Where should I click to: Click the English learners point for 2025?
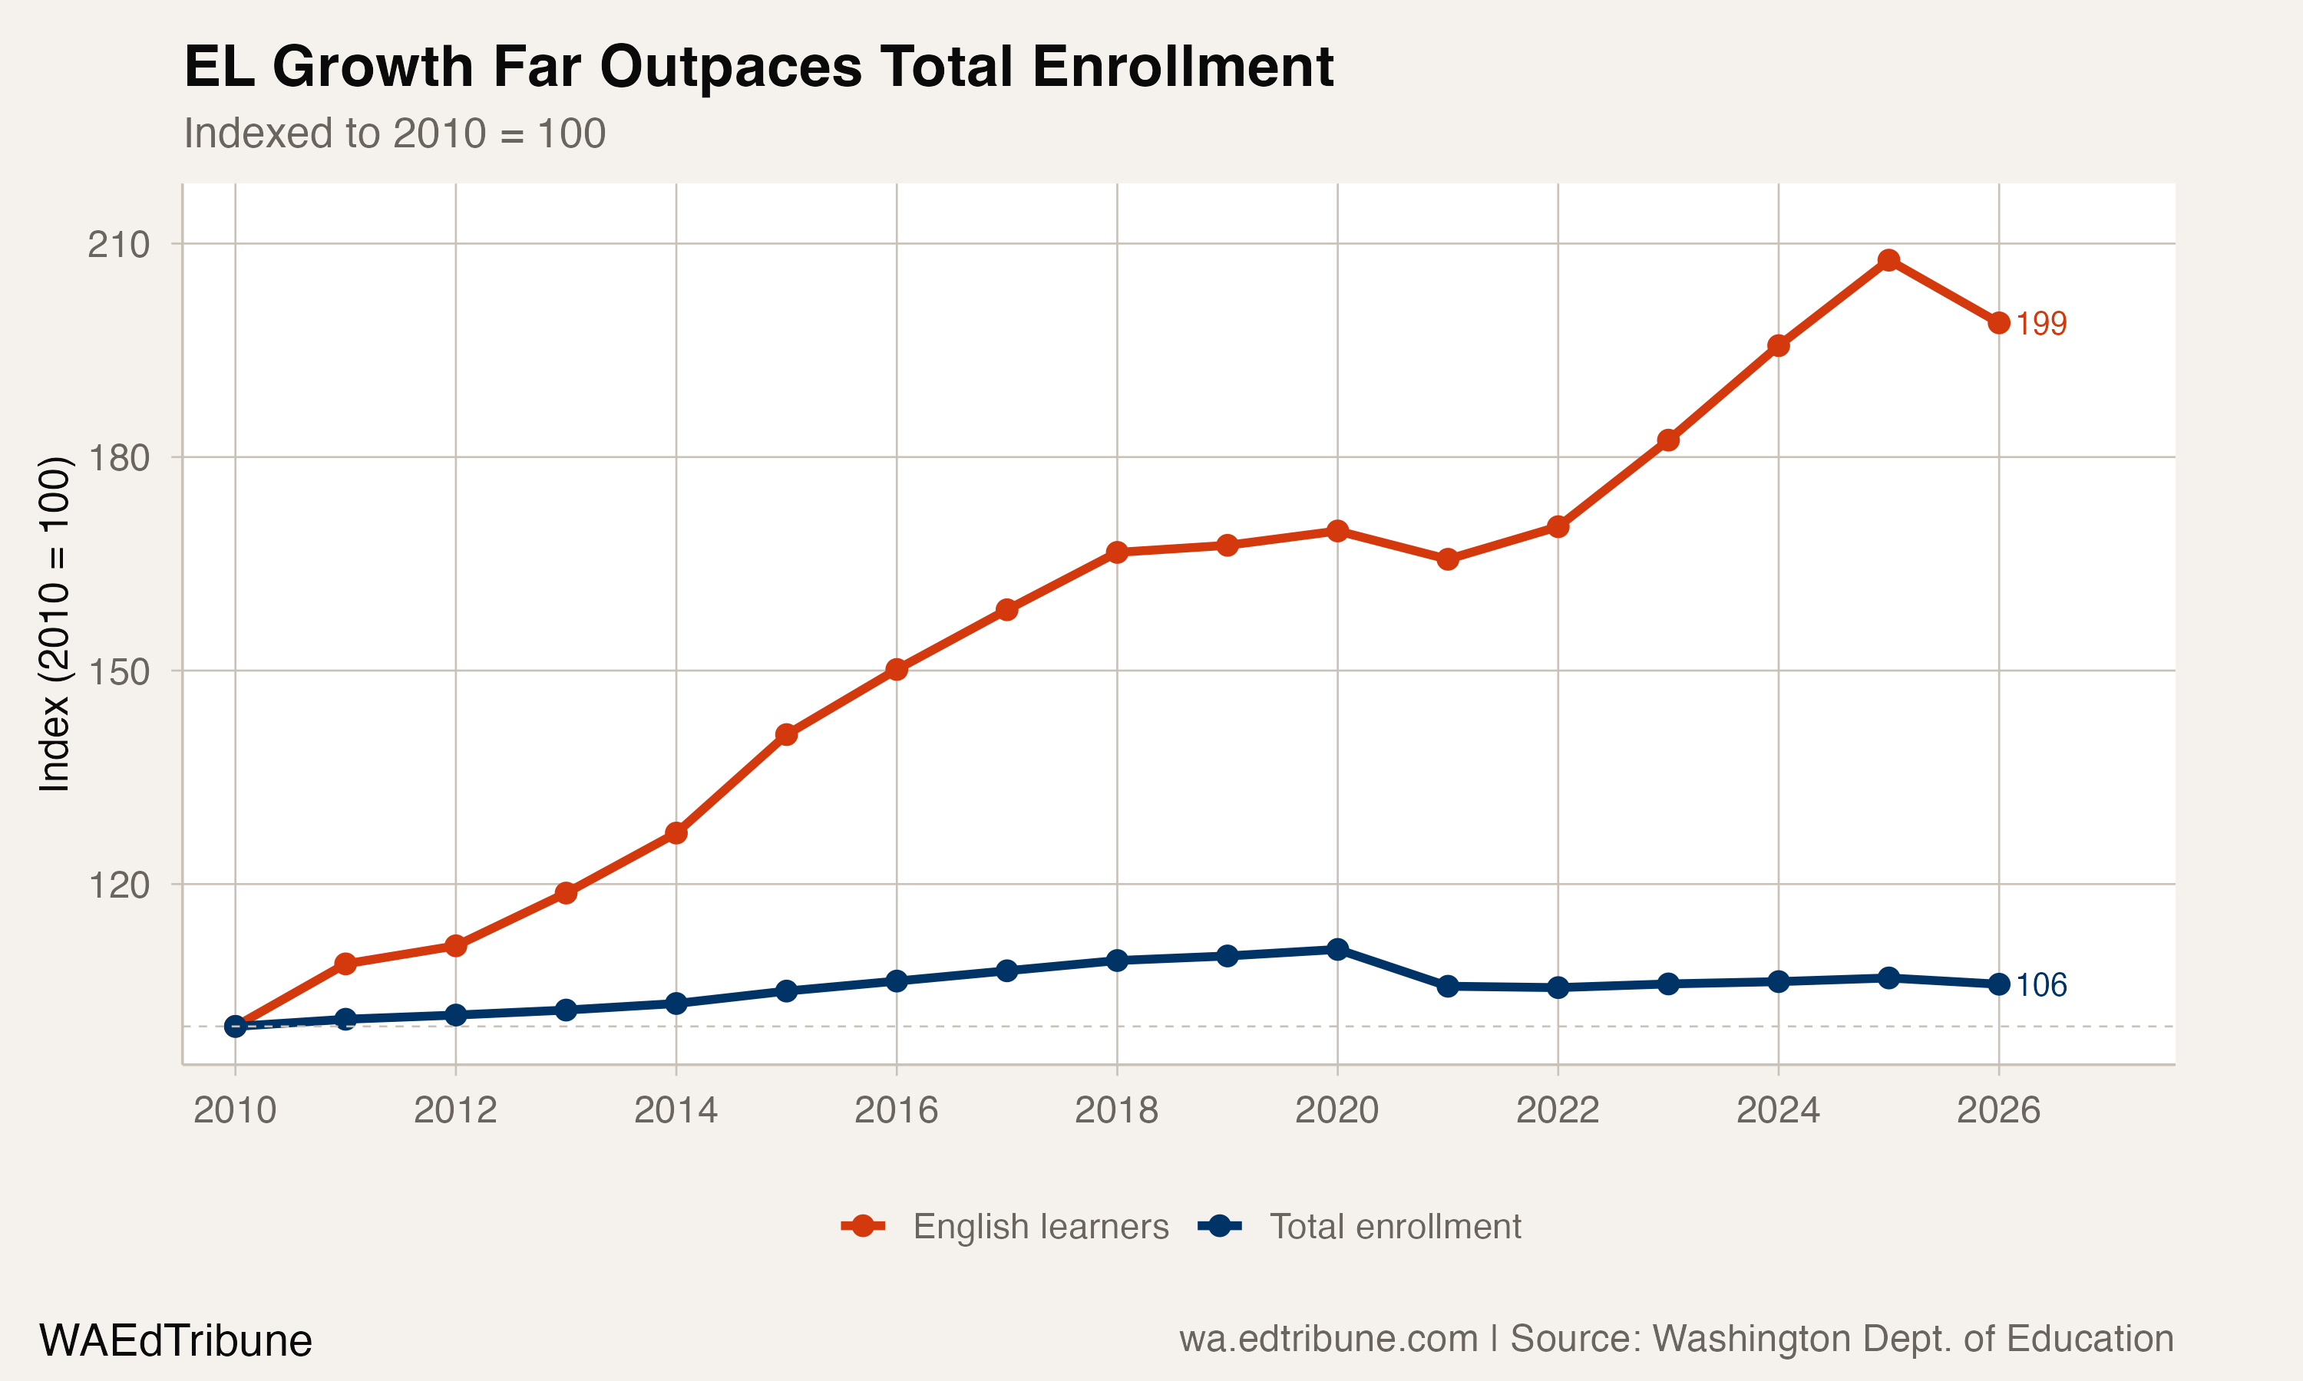pyautogui.click(x=1888, y=261)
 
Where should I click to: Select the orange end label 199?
pyautogui.click(x=2040, y=324)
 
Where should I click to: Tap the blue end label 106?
pyautogui.click(x=2040, y=984)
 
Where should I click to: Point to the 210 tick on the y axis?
pyautogui.click(x=118, y=245)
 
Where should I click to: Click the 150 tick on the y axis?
pyautogui.click(x=118, y=671)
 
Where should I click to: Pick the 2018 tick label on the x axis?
pyautogui.click(x=1116, y=1110)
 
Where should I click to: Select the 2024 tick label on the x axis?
pyautogui.click(x=1778, y=1110)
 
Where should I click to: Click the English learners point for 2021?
pyautogui.click(x=1448, y=559)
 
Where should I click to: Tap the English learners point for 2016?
pyautogui.click(x=897, y=669)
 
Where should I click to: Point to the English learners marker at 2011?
pyautogui.click(x=345, y=964)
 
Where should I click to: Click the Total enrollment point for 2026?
pyautogui.click(x=1998, y=984)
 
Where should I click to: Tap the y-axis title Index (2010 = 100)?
pyautogui.click(x=54, y=625)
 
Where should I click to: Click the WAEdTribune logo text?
pyautogui.click(x=175, y=1341)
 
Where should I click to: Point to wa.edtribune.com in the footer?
pyautogui.click(x=1328, y=1339)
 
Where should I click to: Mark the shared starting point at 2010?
pyautogui.click(x=236, y=1026)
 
